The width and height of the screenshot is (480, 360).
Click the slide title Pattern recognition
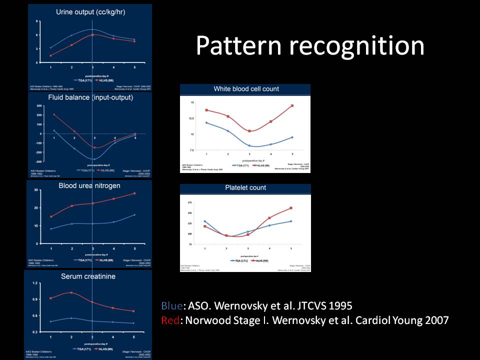click(310, 46)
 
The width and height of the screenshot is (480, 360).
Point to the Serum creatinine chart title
click(87, 276)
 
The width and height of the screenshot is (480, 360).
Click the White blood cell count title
click(246, 89)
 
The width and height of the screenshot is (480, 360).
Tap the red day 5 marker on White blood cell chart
click(292, 105)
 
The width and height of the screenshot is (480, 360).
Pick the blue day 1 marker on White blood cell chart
click(206, 122)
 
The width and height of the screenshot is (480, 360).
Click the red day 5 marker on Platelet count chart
click(291, 208)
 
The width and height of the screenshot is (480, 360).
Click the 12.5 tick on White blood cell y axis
click(188, 118)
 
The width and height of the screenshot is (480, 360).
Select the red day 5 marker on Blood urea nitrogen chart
click(134, 193)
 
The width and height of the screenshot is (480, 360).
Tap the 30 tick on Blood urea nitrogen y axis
click(36, 190)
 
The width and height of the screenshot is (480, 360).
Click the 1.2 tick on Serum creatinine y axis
click(35, 283)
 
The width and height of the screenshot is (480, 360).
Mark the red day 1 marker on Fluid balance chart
click(54, 115)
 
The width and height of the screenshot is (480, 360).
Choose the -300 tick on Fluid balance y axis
click(38, 162)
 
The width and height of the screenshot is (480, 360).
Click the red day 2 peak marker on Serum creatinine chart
click(71, 292)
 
